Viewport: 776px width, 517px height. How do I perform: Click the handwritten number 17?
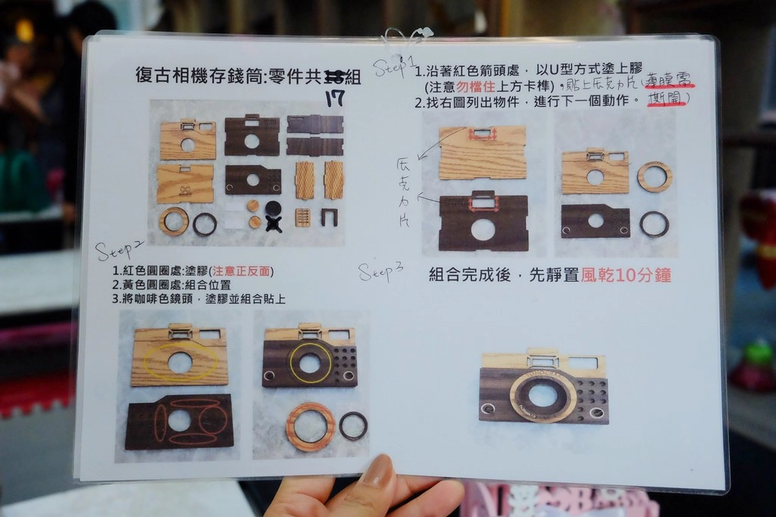335,98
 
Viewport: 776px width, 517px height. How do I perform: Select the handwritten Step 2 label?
118,250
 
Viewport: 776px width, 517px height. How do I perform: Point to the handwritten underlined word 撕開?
667,99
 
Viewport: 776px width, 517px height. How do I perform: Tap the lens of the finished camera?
543,394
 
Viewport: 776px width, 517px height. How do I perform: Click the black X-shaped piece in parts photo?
274,223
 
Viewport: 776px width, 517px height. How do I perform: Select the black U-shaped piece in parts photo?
329,217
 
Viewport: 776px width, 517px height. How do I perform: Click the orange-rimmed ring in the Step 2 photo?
310,427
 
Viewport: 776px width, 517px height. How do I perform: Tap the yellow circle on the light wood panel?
180,363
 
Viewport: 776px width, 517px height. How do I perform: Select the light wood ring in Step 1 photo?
654,176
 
